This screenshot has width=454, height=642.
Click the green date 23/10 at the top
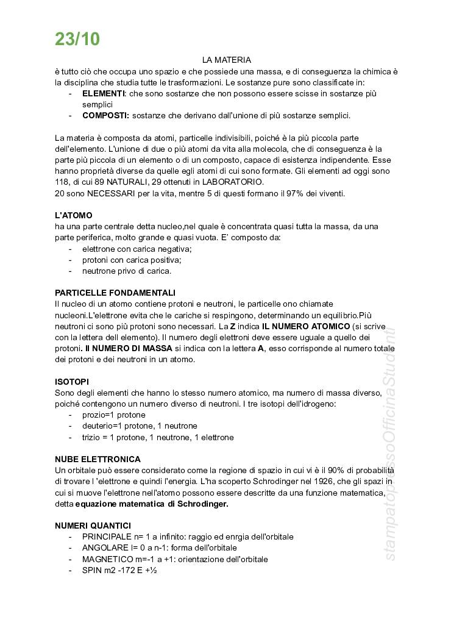77,39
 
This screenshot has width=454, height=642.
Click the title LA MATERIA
227,60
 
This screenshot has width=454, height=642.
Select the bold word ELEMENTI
104,93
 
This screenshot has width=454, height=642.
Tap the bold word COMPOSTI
105,115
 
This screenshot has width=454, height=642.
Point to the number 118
62,182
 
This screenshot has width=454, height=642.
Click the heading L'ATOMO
73,215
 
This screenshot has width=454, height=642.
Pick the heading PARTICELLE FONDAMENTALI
115,293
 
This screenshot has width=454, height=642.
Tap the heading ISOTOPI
72,381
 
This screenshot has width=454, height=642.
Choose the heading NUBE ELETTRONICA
98,459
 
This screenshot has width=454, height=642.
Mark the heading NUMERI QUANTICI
93,526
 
